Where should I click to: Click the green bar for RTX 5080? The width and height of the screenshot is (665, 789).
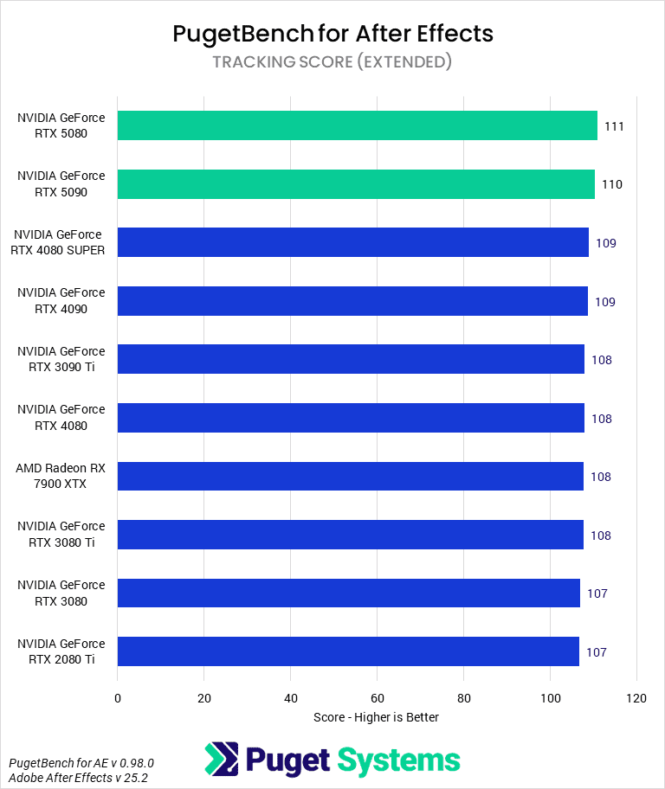point(357,125)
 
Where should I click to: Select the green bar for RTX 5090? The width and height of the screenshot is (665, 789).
point(356,184)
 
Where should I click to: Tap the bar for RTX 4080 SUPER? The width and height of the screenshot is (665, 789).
point(352,242)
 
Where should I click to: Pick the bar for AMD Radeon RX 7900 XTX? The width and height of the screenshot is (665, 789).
point(351,477)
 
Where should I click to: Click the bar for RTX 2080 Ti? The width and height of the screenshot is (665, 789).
point(348,651)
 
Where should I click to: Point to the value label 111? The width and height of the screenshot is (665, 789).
point(615,126)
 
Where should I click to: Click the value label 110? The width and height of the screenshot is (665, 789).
point(612,184)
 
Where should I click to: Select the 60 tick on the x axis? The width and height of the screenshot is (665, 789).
point(378,697)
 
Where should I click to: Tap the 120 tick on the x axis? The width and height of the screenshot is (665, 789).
point(636,697)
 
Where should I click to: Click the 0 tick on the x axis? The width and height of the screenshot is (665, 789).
point(118,697)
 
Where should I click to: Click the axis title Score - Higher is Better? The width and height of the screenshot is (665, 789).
point(376,717)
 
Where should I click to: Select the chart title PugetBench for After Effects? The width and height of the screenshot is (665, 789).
point(332,34)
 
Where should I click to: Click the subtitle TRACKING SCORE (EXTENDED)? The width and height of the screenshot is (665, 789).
point(332,61)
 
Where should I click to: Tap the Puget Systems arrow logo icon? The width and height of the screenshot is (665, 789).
point(221,760)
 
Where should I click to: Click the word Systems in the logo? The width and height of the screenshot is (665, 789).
point(398,760)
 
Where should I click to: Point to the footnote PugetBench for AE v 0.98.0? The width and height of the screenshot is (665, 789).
point(81,763)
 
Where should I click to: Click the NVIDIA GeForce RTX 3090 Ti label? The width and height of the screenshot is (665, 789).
point(61,359)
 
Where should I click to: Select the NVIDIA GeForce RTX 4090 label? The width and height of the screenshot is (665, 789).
point(61,300)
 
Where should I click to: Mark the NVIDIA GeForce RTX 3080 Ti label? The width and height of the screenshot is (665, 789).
point(61,534)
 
